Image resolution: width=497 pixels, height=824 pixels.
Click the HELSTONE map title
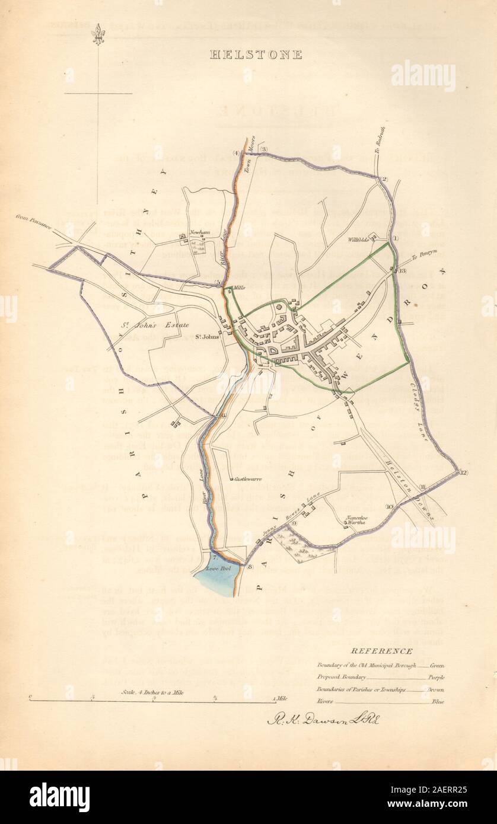pyautogui.click(x=256, y=55)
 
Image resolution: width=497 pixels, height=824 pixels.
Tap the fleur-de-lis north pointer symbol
pyautogui.click(x=98, y=34)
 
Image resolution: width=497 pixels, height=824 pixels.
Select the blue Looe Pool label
pyautogui.click(x=214, y=568)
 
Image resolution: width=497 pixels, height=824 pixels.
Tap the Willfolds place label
pyautogui.click(x=359, y=240)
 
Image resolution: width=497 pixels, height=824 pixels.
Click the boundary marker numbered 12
pyautogui.click(x=463, y=472)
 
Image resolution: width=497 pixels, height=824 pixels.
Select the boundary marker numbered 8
pyautogui.click(x=250, y=567)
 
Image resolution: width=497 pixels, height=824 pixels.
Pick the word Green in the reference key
pyautogui.click(x=437, y=666)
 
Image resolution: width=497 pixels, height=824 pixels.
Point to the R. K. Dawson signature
pyautogui.click(x=326, y=720)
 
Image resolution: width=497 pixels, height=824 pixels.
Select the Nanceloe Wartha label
pyautogui.click(x=357, y=520)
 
